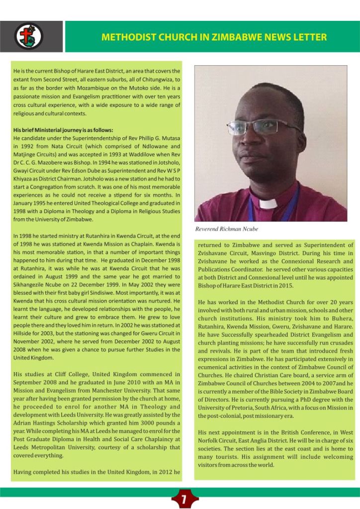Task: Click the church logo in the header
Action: (x=28, y=36)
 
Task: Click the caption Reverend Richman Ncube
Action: (x=227, y=228)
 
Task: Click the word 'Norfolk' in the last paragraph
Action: (x=213, y=441)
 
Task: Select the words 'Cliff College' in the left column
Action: (x=62, y=374)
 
